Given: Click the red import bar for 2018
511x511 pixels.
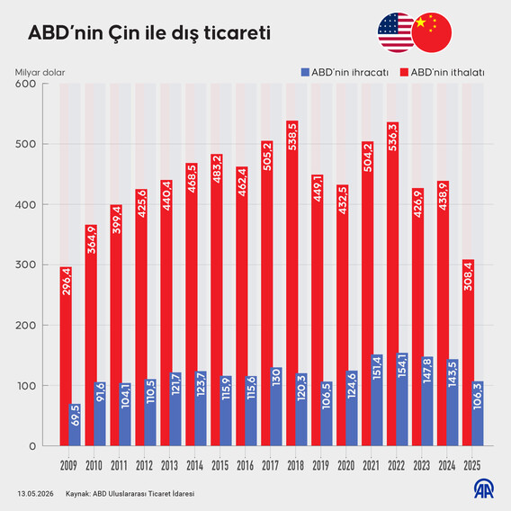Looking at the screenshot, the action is [292, 282].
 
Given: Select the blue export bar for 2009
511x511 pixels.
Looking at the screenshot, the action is [75, 425].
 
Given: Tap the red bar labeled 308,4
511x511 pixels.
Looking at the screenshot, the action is [468, 353].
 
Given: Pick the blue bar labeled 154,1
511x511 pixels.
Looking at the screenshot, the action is [402, 399].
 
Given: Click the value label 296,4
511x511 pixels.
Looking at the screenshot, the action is [67, 282].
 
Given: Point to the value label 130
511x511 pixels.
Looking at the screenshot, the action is [276, 377].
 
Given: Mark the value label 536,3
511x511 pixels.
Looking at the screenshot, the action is [393, 137].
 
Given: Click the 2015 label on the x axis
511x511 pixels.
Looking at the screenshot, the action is [220, 465].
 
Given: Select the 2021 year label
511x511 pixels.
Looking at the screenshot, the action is [372, 465].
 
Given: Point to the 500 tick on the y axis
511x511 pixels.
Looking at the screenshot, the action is [25, 144].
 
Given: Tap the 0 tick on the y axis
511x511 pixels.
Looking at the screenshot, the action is [32, 446].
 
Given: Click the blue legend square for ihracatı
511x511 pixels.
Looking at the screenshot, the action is [305, 72].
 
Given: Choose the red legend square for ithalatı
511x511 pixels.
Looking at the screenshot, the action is [404, 72].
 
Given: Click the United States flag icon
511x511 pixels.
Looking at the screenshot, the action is [396, 32].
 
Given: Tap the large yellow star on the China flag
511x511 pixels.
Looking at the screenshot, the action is [421, 22].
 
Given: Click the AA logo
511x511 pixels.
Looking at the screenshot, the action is [484, 489].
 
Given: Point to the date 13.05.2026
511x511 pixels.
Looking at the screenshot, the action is [35, 494].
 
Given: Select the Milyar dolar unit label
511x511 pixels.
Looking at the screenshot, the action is [40, 72].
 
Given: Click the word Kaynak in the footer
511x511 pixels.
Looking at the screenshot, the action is [78, 494].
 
